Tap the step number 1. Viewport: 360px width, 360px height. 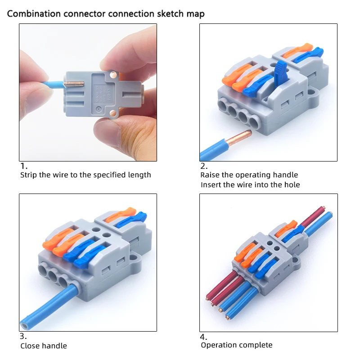(x=24, y=166)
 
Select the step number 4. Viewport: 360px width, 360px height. (x=204, y=337)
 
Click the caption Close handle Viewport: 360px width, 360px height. (x=44, y=346)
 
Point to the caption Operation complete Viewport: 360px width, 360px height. (x=236, y=345)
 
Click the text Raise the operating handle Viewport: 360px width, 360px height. (x=249, y=175)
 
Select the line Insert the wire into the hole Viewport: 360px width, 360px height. (x=250, y=184)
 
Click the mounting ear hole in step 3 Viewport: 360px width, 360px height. (x=134, y=259)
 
